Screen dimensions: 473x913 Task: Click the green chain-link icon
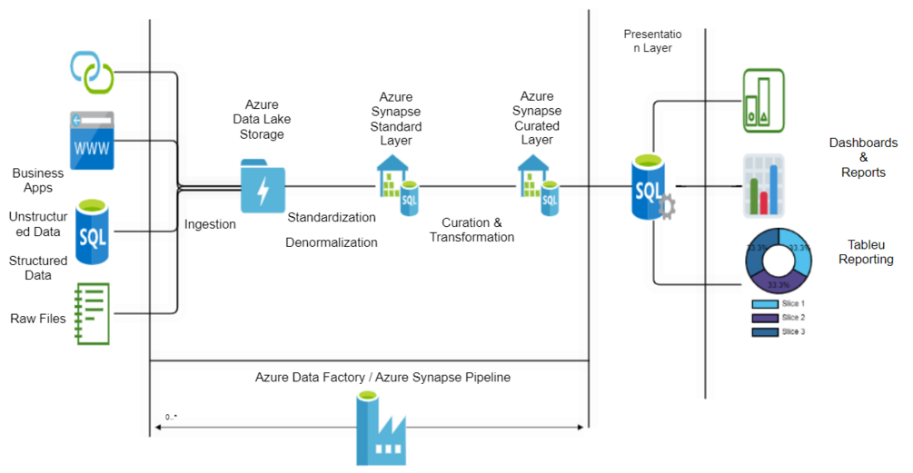coord(91,71)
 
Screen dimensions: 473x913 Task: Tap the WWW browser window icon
coord(91,140)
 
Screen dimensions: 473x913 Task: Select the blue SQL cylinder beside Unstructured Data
coord(92,232)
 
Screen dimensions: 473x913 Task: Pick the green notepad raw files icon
coord(92,313)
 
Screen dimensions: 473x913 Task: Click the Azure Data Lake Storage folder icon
coord(263,186)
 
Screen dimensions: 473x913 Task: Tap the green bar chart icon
coord(763,101)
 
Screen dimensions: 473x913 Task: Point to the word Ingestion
coord(210,224)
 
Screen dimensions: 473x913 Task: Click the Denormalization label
coord(332,242)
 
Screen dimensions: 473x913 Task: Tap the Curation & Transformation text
coord(471,230)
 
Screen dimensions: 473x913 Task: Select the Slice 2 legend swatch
coord(765,318)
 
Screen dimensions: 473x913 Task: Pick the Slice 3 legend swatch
coord(765,332)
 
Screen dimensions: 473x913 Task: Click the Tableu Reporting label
coord(866,252)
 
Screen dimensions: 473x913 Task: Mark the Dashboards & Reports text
coord(863,157)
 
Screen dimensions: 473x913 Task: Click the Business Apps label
coord(37,180)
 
